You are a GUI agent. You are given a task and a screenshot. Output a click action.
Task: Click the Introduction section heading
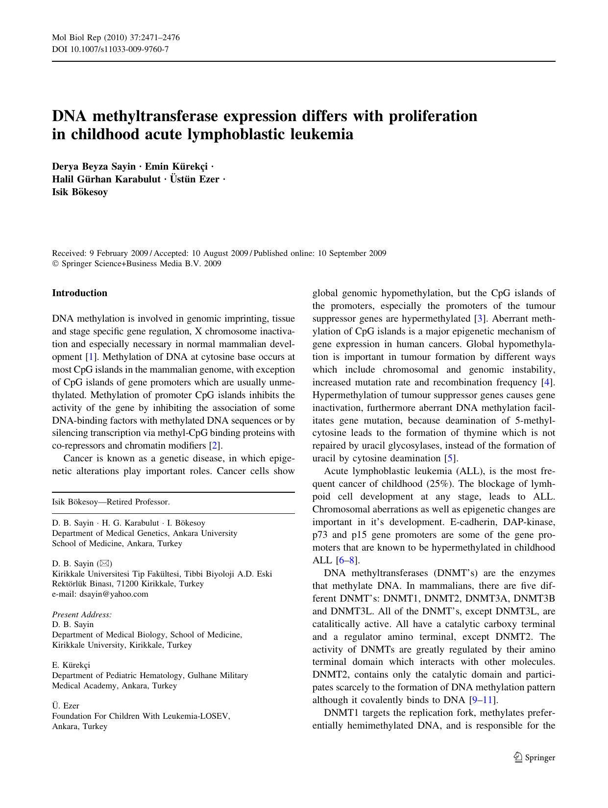click(79, 293)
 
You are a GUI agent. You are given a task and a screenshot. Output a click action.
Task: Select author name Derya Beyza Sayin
click(94, 167)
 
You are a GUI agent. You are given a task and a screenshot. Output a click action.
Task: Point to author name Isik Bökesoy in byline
click(80, 192)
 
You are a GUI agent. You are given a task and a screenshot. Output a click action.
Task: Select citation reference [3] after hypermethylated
click(480, 319)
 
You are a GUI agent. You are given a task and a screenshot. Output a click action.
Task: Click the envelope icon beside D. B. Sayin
click(104, 563)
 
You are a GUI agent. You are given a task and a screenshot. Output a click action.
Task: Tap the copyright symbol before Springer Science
click(55, 264)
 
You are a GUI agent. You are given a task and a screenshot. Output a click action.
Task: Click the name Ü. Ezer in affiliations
click(66, 706)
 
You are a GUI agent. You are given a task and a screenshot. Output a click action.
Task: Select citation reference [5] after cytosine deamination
click(450, 458)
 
